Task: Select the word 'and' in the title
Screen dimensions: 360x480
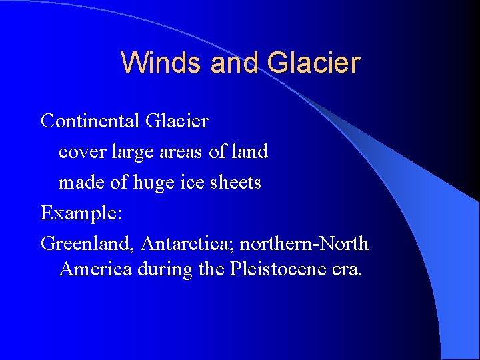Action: pyautogui.click(x=237, y=63)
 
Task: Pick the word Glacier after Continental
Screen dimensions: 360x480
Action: pyautogui.click(x=177, y=121)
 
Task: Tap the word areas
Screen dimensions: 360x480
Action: pyautogui.click(x=182, y=153)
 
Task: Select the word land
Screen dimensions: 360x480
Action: pyautogui.click(x=249, y=152)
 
